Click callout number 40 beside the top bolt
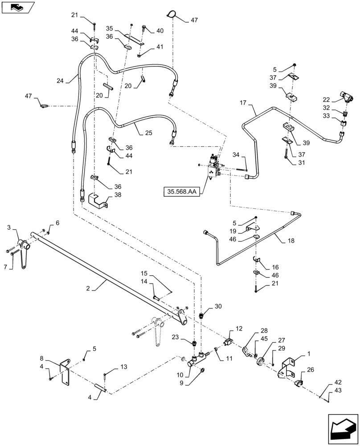click(160, 31)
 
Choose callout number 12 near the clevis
click(239, 329)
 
